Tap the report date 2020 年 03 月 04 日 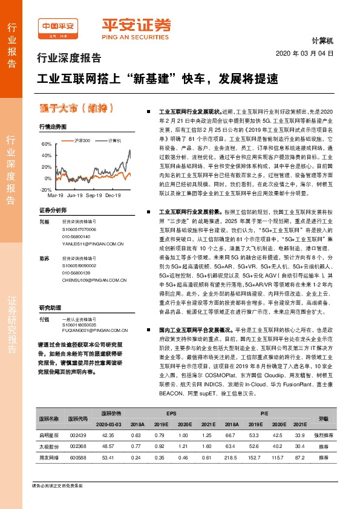pyautogui.click(x=304, y=54)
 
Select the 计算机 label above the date pyautogui.click(x=323, y=41)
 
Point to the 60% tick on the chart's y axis pyautogui.click(x=47, y=144)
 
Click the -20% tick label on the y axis pyautogui.click(x=46, y=189)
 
